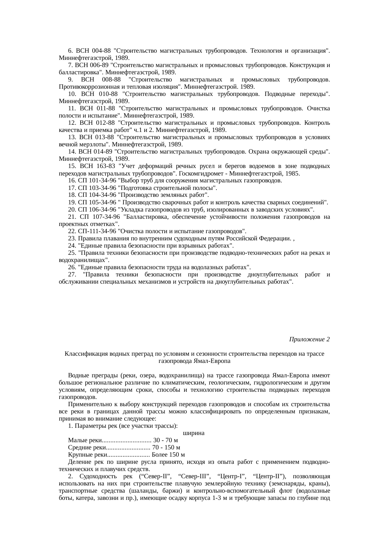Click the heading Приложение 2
[x=309, y=339]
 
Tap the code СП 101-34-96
[x=96, y=181]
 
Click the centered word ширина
[x=194, y=433]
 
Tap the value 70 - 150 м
[x=166, y=448]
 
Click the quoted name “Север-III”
[x=194, y=476]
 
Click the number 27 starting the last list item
[x=71, y=275]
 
